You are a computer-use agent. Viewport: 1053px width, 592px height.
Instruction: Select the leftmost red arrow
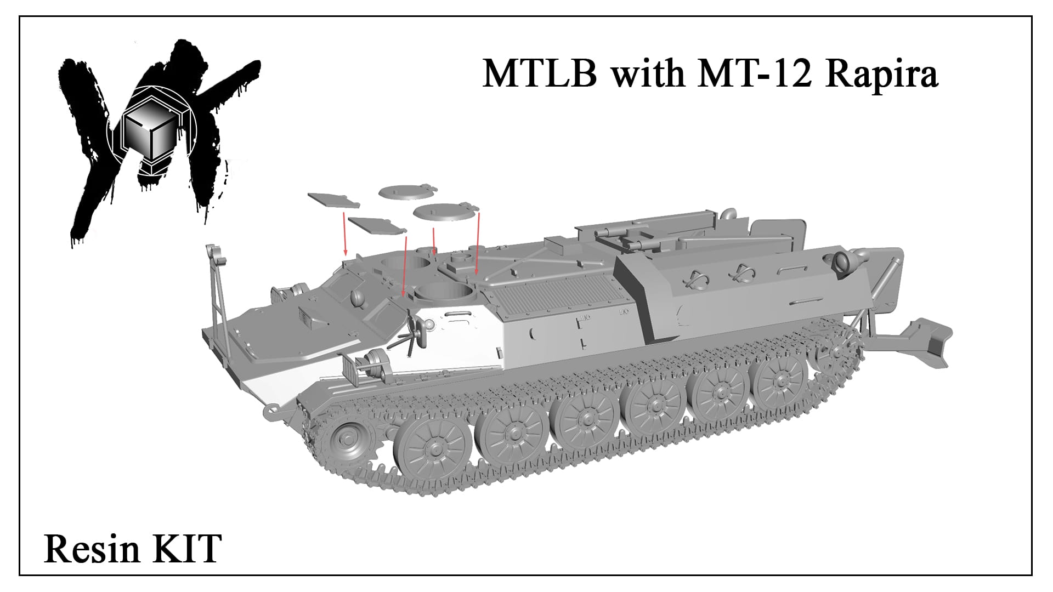(344, 234)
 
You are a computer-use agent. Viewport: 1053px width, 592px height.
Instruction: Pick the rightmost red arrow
(478, 243)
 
